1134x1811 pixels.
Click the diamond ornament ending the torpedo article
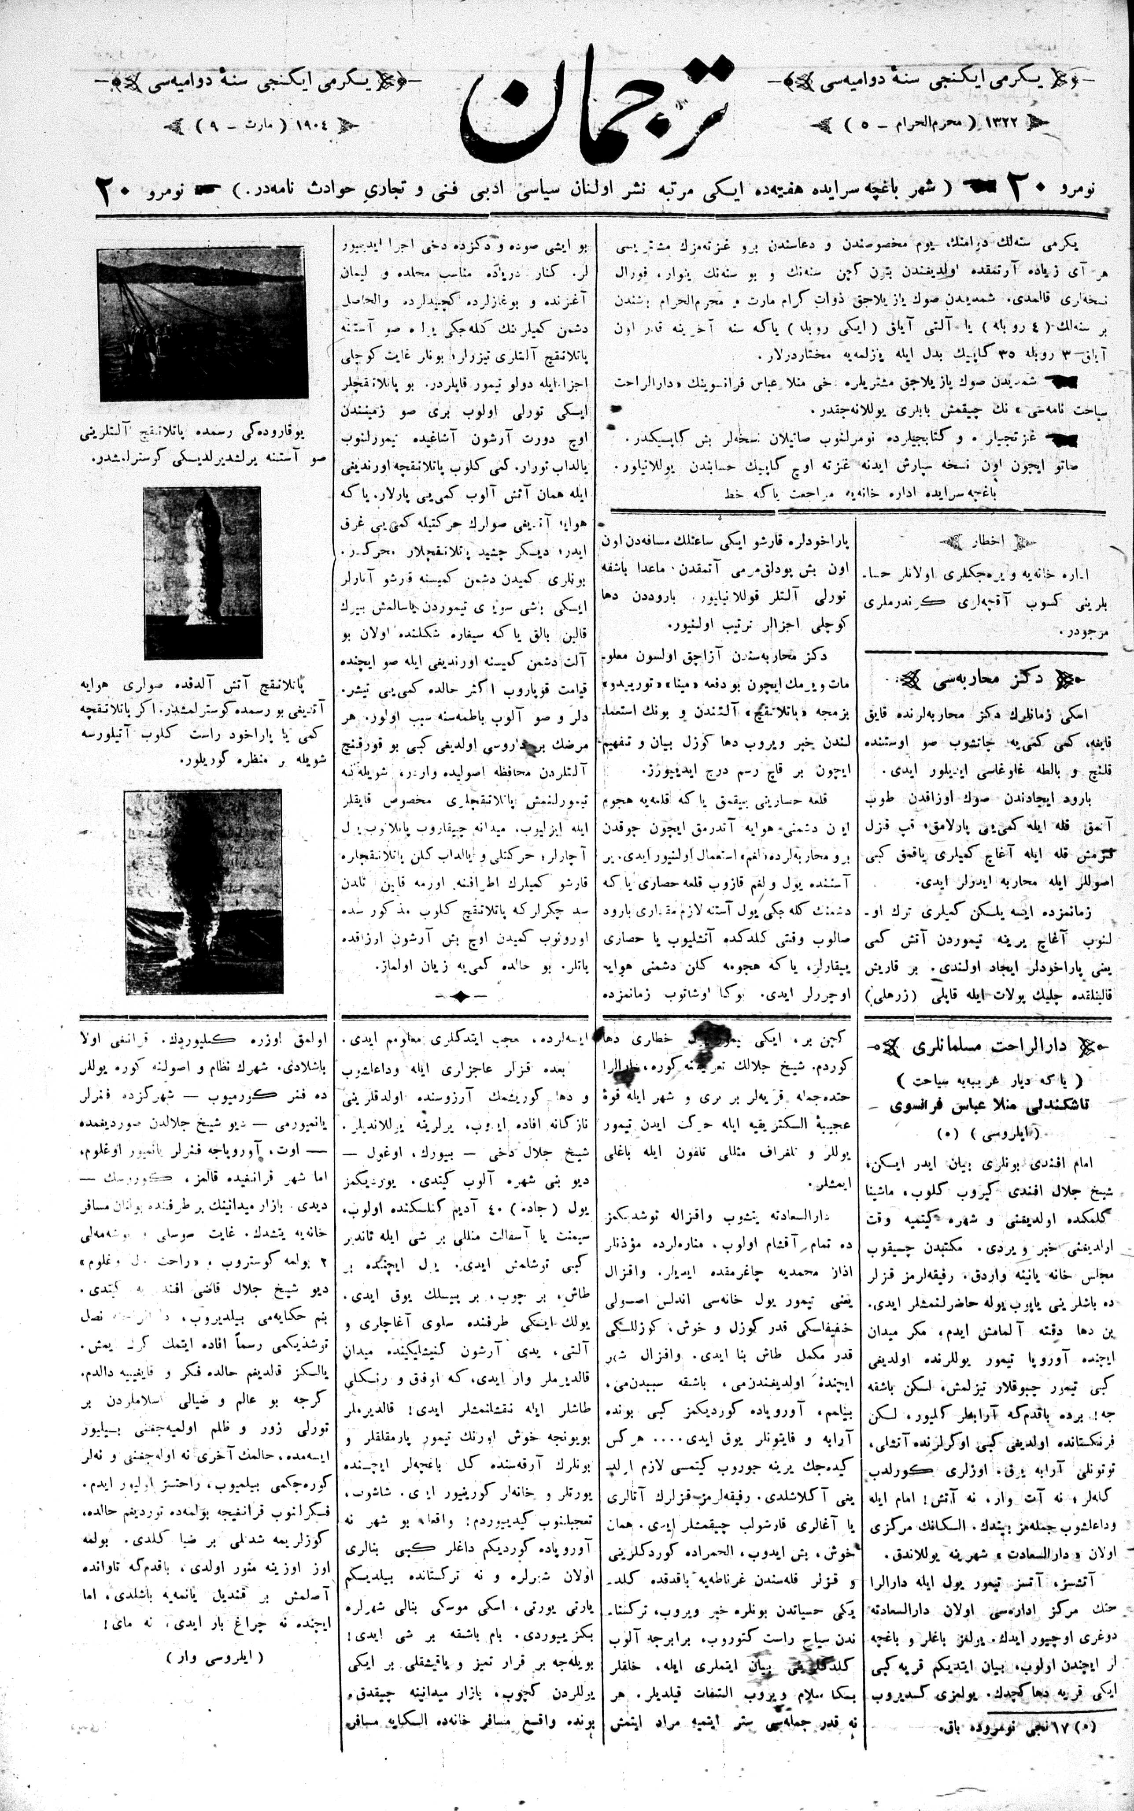(459, 995)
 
